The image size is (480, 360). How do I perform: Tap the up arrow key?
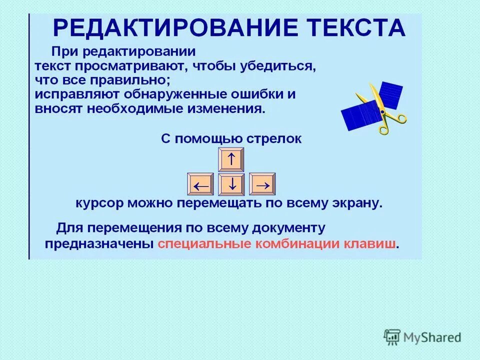(x=231, y=159)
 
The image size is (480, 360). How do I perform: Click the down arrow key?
(x=231, y=185)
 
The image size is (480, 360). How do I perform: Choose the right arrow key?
(x=262, y=185)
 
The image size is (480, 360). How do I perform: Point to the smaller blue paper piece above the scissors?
(x=390, y=94)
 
